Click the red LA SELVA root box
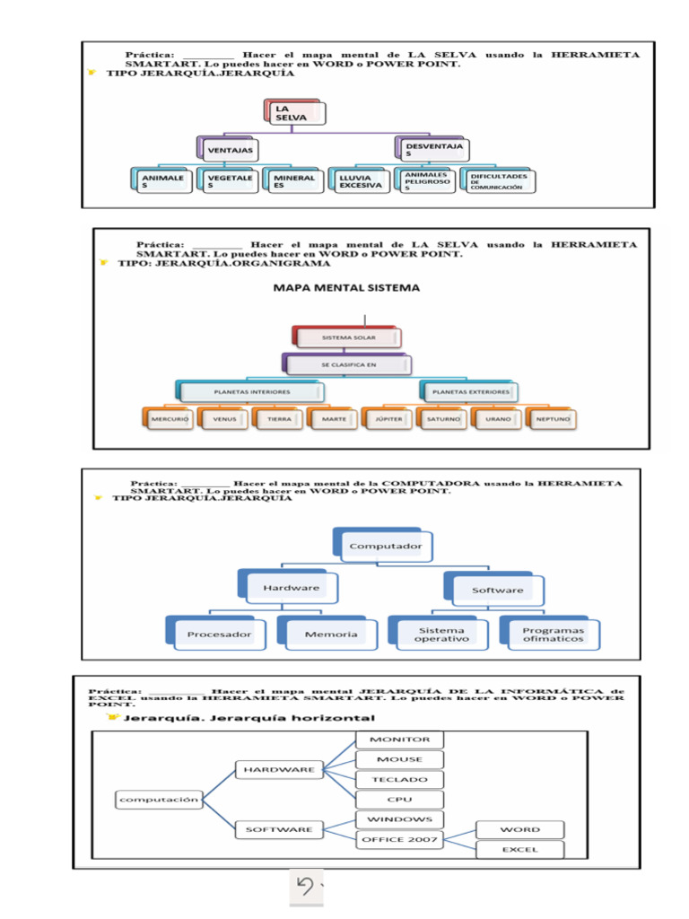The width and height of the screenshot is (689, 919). click(x=295, y=113)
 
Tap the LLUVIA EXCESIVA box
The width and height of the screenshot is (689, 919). click(x=361, y=181)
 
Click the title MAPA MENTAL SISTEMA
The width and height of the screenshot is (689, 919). click(x=346, y=288)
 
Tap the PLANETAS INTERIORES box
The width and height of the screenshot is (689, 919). click(x=251, y=392)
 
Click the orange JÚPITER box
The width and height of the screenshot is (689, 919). click(x=388, y=419)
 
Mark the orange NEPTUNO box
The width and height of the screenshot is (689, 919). click(x=553, y=419)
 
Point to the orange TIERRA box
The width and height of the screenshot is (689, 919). click(x=279, y=419)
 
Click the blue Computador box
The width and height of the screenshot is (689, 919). click(x=378, y=545)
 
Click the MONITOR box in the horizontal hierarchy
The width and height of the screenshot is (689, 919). click(x=400, y=740)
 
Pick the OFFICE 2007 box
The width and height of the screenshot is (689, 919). click(x=400, y=840)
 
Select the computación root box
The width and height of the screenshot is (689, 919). click(x=158, y=799)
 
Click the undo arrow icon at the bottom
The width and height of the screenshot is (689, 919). click(x=306, y=887)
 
